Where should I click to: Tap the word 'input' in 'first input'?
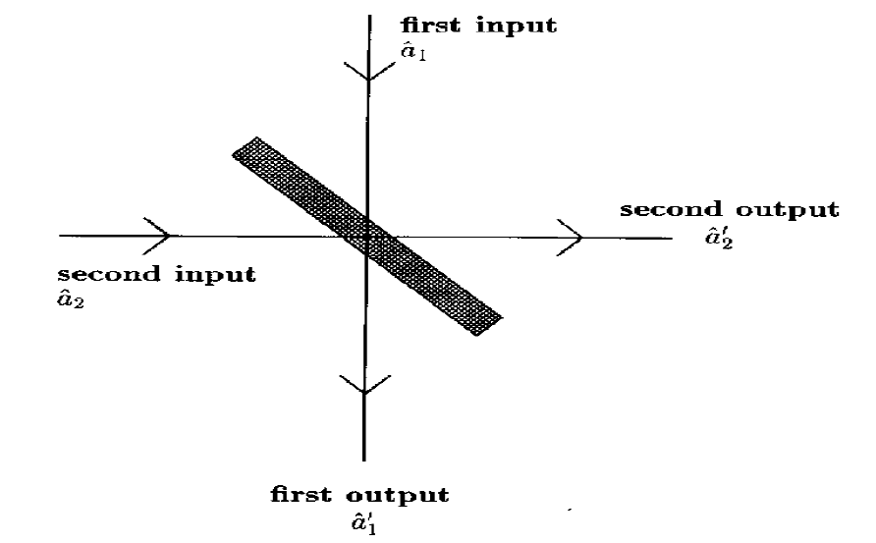tap(517, 26)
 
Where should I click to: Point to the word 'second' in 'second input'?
tap(103, 274)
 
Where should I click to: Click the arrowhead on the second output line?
tap(574, 236)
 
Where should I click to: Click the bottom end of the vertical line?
tap(365, 459)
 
